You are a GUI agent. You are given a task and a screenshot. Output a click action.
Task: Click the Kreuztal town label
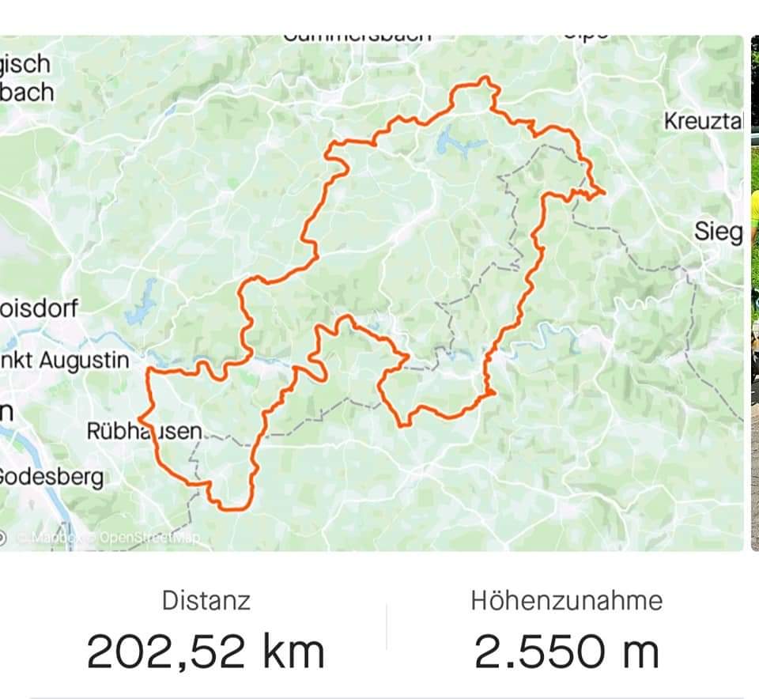(704, 122)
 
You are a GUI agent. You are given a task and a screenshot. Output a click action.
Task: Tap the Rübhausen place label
(144, 432)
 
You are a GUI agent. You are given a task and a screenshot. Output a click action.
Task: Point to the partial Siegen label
(718, 232)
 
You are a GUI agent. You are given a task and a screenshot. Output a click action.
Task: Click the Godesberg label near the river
(51, 477)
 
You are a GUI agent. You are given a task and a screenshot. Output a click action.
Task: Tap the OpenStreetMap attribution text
(149, 537)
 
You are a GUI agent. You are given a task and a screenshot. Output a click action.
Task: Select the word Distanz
(206, 600)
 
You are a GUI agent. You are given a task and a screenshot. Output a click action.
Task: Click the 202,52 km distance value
(206, 652)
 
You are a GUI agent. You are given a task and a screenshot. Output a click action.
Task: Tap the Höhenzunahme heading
(567, 600)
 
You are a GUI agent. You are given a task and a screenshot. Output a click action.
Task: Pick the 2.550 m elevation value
(567, 652)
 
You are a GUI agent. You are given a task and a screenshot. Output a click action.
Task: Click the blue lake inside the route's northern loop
(450, 140)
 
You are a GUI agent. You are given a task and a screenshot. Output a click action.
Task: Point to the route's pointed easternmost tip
(604, 191)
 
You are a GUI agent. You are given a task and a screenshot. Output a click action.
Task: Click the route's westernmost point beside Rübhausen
(139, 418)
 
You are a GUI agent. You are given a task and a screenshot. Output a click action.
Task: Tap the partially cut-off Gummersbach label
(357, 36)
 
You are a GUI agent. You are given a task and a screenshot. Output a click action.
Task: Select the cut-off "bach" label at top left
(28, 92)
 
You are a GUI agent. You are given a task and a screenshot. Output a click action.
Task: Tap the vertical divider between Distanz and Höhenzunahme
(387, 627)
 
